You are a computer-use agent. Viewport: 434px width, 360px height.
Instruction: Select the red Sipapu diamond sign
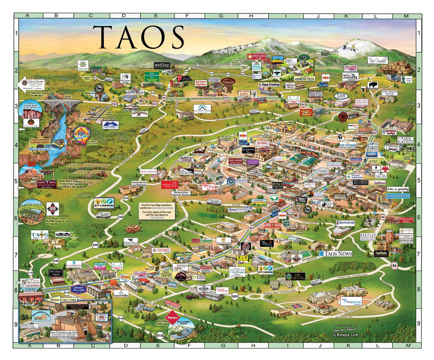tap(172, 317)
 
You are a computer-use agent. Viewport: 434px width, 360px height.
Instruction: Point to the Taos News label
tap(335, 254)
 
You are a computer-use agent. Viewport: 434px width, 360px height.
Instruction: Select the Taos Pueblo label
tap(377, 61)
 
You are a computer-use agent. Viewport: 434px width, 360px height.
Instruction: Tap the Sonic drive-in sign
tap(125, 277)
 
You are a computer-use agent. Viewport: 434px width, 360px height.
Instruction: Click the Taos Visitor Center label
tap(166, 274)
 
